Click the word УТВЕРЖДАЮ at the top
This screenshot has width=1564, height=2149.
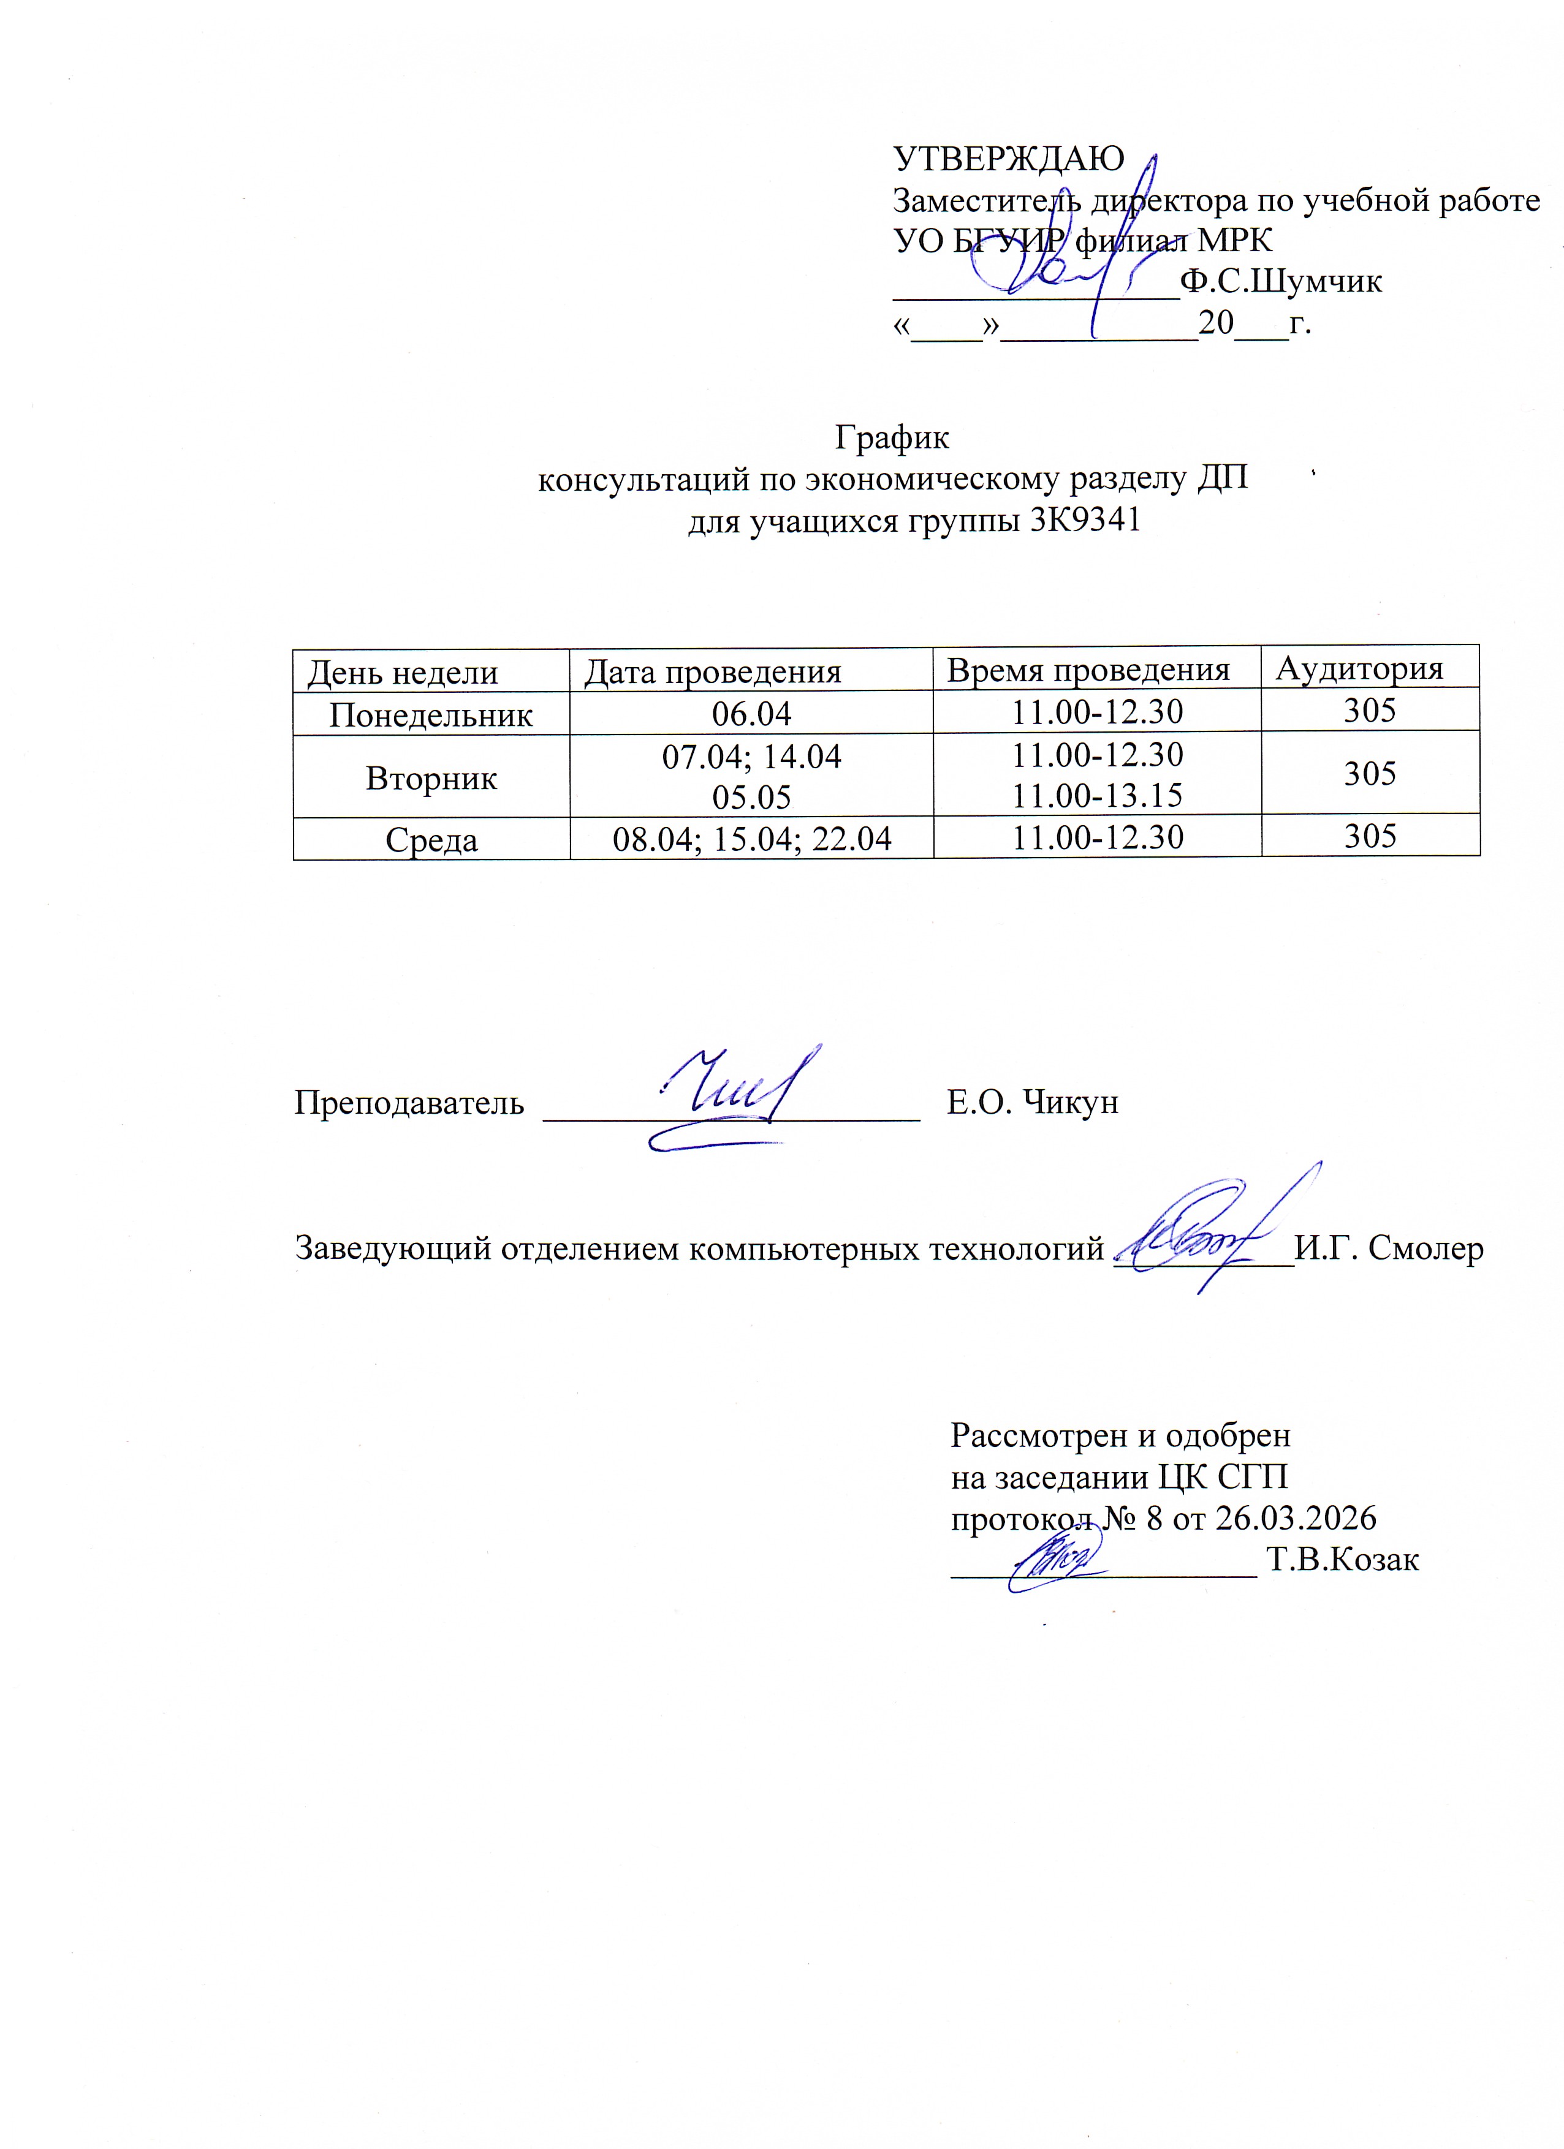tap(1009, 158)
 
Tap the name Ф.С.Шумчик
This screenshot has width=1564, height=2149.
tap(1281, 281)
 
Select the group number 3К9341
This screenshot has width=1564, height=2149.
tap(1084, 520)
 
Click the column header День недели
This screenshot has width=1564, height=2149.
tap(403, 673)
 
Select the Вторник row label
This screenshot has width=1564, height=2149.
tap(431, 778)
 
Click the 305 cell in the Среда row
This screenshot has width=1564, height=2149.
tap(1370, 836)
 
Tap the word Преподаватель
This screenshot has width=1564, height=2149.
tap(409, 1102)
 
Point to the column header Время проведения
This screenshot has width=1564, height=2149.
tap(1088, 670)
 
